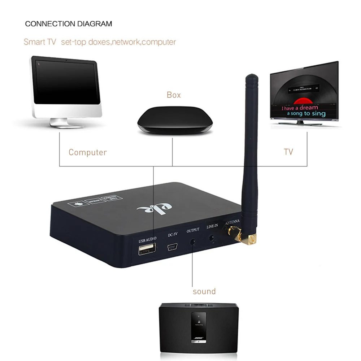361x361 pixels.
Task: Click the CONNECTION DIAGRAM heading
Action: [x=69, y=24]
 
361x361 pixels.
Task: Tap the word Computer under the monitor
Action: [x=88, y=152]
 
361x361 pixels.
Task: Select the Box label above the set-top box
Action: [x=174, y=95]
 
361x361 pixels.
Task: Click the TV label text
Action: [x=288, y=152]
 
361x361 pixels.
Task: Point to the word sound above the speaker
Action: [x=204, y=291]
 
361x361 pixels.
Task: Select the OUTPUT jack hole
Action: [x=194, y=242]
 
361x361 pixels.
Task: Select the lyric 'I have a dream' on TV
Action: [x=300, y=108]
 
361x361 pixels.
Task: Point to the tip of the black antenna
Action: [x=251, y=77]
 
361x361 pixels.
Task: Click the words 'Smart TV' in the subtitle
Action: [x=40, y=42]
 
